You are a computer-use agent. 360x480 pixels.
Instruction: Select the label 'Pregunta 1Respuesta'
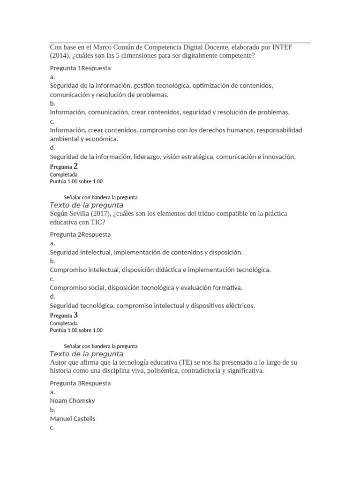pyautogui.click(x=80, y=68)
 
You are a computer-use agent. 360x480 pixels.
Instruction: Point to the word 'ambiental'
pyautogui.click(x=64, y=139)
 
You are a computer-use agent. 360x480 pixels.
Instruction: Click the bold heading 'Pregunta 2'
pyautogui.click(x=64, y=166)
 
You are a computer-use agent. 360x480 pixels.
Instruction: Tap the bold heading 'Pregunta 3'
pyautogui.click(x=64, y=315)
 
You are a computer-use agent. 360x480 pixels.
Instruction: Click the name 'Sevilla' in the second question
pyautogui.click(x=83, y=214)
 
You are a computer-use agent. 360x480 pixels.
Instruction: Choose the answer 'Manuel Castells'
pyautogui.click(x=73, y=419)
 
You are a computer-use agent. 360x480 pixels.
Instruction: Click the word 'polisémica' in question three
pyautogui.click(x=152, y=371)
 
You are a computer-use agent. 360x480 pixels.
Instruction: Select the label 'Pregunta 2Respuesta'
pyautogui.click(x=80, y=234)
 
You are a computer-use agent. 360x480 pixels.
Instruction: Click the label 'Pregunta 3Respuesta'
pyautogui.click(x=80, y=383)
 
